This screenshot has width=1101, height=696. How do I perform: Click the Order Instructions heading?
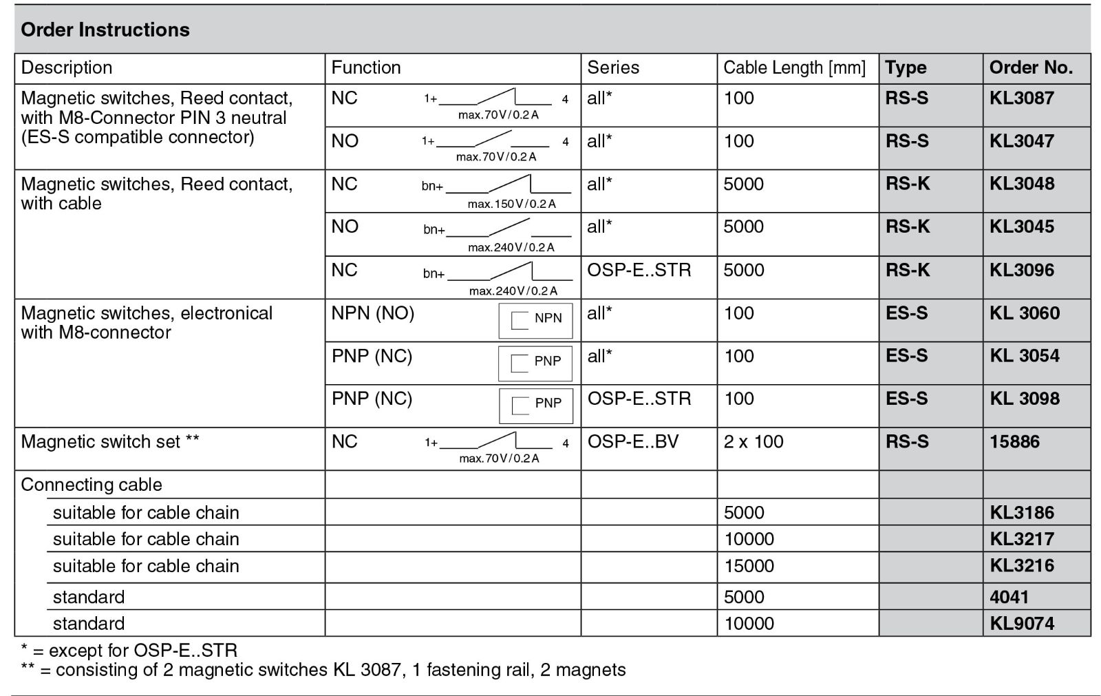point(105,30)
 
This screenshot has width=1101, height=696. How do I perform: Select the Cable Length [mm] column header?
point(794,67)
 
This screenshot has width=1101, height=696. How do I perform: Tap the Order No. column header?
point(1031,67)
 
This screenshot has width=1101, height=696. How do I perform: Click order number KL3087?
point(1021,98)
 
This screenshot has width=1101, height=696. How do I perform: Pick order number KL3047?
point(1021,141)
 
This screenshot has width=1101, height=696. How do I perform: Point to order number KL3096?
point(1021,270)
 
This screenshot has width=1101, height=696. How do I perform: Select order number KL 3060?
point(1024,313)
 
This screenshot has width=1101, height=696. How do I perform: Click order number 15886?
point(1014,441)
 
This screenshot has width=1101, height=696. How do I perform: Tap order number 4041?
point(1009,597)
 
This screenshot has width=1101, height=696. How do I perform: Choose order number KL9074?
point(1021,624)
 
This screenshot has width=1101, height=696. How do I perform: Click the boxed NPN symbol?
point(535,320)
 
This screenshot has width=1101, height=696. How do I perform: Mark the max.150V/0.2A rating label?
point(511,204)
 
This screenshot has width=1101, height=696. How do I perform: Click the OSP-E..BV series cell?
point(632,441)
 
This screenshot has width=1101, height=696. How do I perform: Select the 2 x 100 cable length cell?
point(753,441)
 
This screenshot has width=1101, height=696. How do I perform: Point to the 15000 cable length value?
point(749,566)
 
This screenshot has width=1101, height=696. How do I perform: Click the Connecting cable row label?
point(92,485)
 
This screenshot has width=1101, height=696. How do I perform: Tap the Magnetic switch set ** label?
point(110,441)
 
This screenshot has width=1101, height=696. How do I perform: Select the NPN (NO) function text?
point(372,313)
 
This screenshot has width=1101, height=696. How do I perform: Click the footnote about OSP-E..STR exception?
point(129,650)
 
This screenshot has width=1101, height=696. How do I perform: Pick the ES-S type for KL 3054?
point(906,356)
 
